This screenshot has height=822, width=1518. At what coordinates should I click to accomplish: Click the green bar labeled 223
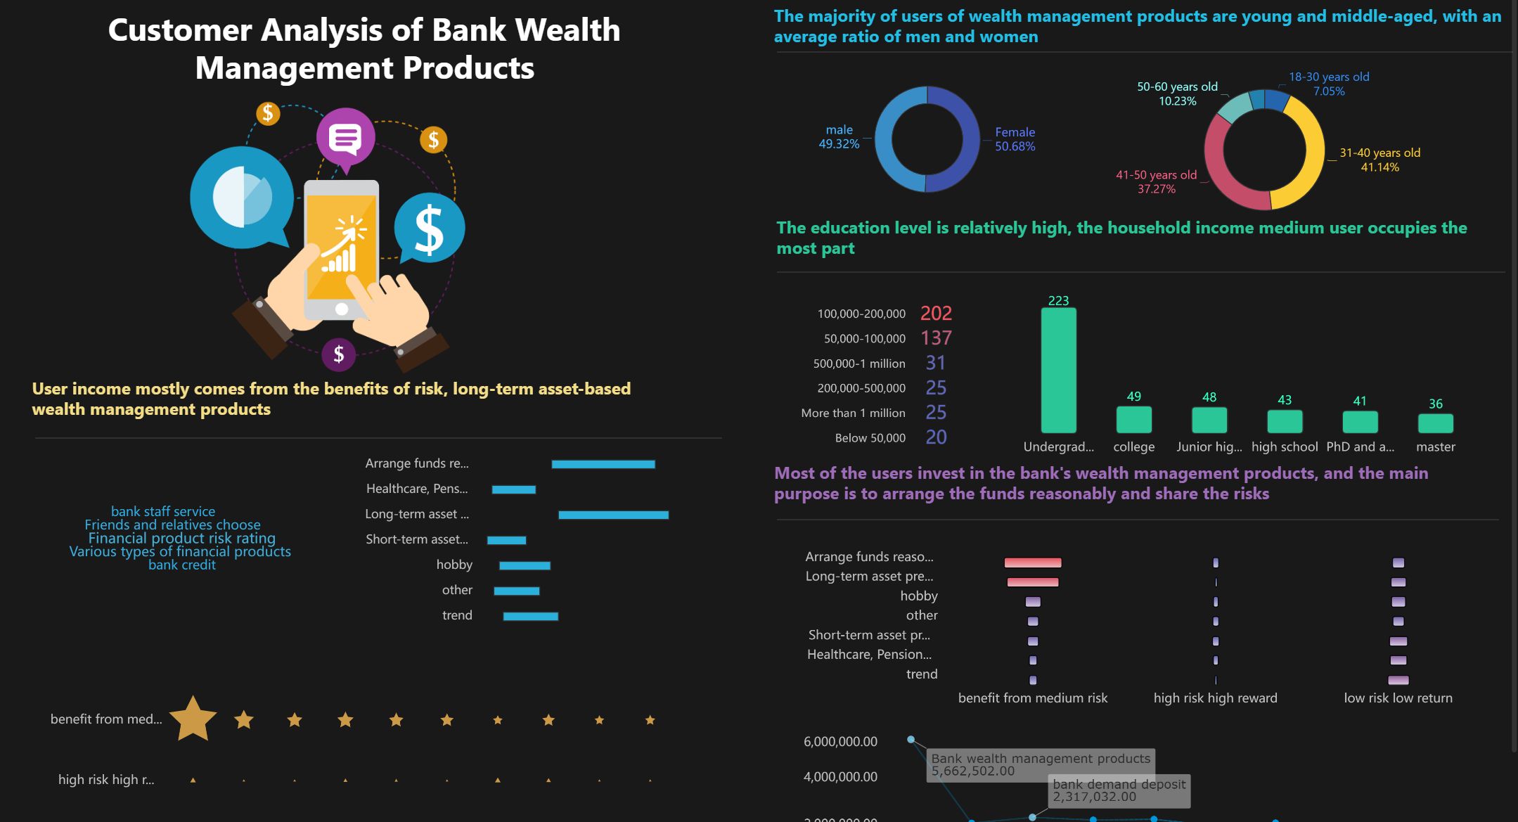coord(1058,371)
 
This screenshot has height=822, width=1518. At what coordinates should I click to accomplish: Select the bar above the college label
coord(1133,420)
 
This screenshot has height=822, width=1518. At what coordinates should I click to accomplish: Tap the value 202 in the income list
coord(936,314)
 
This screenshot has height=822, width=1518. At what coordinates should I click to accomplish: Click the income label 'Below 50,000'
coord(870,438)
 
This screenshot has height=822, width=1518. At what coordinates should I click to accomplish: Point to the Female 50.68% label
coord(1015,139)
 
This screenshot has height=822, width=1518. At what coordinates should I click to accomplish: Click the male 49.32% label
coord(839,137)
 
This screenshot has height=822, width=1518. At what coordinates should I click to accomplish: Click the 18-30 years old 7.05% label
coord(1328,84)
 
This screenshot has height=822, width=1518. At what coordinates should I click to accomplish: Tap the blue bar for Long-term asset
coord(613,515)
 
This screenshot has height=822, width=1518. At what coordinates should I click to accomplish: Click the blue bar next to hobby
coord(525,565)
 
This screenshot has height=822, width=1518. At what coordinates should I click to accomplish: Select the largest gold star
coord(193,719)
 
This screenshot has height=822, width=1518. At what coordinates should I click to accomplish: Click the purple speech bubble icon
coord(345,136)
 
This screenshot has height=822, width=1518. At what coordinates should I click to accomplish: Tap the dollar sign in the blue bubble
coord(430,229)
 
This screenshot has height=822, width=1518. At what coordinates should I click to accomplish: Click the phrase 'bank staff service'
coord(163,511)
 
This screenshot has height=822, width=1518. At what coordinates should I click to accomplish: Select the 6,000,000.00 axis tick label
coord(840,741)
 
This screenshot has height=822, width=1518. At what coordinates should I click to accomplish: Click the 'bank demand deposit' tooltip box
coord(1119,790)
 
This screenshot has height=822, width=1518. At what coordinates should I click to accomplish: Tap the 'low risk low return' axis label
coord(1398,698)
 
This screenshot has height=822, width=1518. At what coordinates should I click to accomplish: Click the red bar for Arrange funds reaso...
coord(1032,563)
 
